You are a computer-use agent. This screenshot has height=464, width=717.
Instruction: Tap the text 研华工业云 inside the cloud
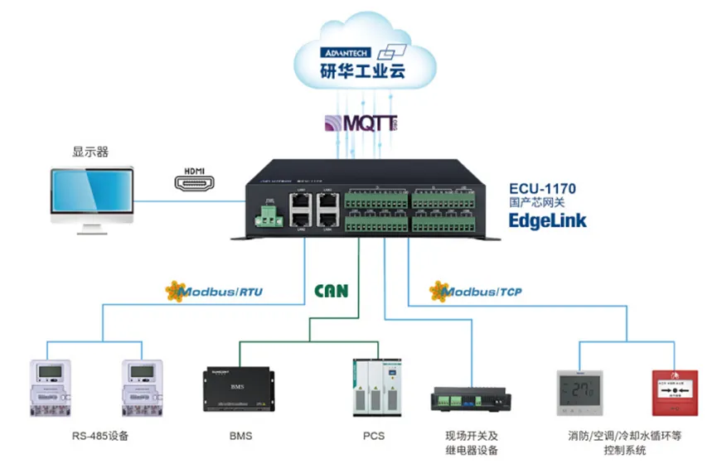(364, 72)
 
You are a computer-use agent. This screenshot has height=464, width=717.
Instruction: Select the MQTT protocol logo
(360, 124)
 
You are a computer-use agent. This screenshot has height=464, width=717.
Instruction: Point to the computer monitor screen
(90, 193)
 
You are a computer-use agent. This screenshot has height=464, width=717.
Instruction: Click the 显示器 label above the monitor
(90, 152)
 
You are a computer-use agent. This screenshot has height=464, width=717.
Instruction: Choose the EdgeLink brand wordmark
(548, 220)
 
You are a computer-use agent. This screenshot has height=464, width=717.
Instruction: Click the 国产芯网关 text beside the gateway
(536, 203)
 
